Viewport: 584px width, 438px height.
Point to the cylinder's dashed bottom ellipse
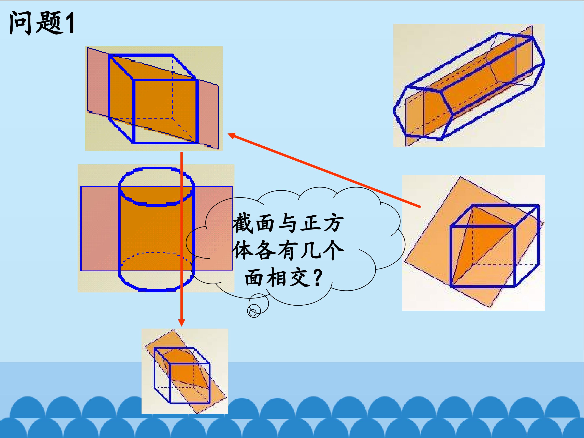click(157, 253)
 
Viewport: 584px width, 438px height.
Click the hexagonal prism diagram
click(469, 86)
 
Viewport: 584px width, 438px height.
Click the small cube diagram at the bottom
click(185, 371)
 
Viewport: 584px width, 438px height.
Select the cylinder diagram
click(156, 228)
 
